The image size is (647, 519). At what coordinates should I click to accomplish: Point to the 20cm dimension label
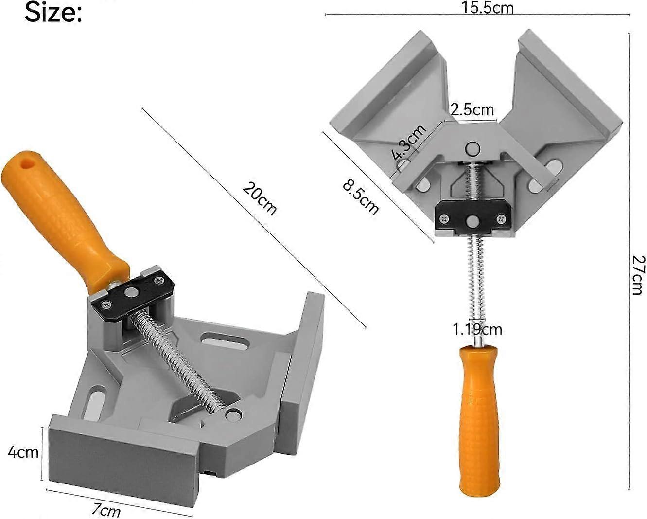point(260,198)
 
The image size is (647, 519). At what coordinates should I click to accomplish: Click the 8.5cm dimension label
point(360,197)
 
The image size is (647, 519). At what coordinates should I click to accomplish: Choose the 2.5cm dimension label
point(472,109)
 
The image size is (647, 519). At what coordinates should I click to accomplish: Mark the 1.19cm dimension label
point(477,329)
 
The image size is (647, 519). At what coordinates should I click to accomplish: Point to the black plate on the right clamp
point(472,218)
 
